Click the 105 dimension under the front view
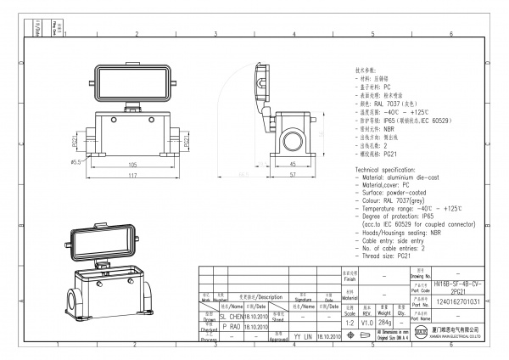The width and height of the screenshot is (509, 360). coord(132,165)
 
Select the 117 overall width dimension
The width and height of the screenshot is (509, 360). coord(132,176)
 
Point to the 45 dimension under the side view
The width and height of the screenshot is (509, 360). coord(292,164)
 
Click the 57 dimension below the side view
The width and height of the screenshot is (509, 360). coord(292,176)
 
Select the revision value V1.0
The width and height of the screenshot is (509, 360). coord(366,323)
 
